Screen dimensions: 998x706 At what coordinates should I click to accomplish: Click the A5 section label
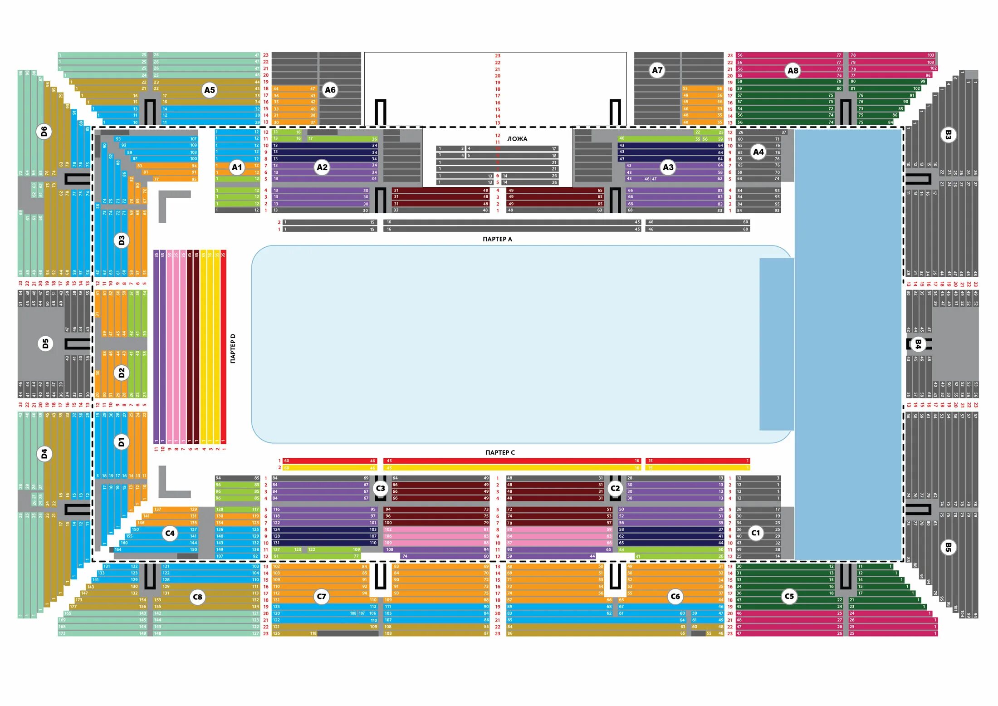pyautogui.click(x=209, y=90)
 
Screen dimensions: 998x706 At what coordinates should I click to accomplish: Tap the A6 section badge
pyautogui.click(x=330, y=90)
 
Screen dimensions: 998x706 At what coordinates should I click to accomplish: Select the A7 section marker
pyautogui.click(x=657, y=70)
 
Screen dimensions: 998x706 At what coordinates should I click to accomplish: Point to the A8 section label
pyautogui.click(x=793, y=70)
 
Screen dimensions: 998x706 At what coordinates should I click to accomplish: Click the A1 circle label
pyautogui.click(x=237, y=167)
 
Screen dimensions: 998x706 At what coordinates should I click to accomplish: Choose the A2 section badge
pyautogui.click(x=322, y=167)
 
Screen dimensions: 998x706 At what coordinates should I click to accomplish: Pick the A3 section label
pyautogui.click(x=668, y=167)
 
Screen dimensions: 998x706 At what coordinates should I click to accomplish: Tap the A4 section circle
pyautogui.click(x=758, y=152)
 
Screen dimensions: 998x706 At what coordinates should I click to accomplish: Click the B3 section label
pyautogui.click(x=948, y=135)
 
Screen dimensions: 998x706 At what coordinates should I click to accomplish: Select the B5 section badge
pyautogui.click(x=948, y=547)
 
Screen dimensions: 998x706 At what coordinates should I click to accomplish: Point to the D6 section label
pyautogui.click(x=44, y=132)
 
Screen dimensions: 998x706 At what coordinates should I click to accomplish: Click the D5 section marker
pyautogui.click(x=45, y=343)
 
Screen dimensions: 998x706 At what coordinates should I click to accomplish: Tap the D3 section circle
pyautogui.click(x=121, y=240)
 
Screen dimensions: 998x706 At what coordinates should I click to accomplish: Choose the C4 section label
pyautogui.click(x=170, y=533)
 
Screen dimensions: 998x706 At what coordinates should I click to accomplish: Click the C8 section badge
pyautogui.click(x=197, y=597)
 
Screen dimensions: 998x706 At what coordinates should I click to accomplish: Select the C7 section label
pyautogui.click(x=321, y=596)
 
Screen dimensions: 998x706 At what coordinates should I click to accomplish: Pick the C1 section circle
pyautogui.click(x=755, y=533)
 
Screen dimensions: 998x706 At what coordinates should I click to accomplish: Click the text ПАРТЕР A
pyautogui.click(x=497, y=239)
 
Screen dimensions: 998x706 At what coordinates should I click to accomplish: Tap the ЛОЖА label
pyautogui.click(x=517, y=139)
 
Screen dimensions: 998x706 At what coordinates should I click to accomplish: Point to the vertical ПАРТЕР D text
pyautogui.click(x=233, y=348)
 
